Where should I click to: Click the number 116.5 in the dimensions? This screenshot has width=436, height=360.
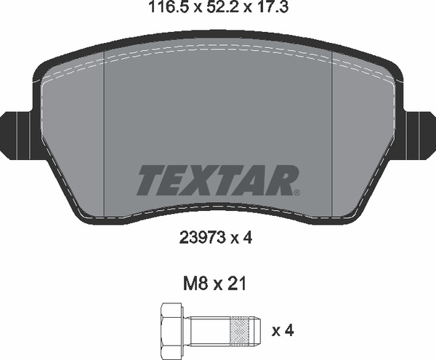[167, 7]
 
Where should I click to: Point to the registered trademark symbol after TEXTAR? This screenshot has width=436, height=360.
[296, 192]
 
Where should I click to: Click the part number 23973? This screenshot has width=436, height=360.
[203, 238]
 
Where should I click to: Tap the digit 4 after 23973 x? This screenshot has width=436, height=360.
[248, 238]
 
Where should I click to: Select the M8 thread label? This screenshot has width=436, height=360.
[195, 284]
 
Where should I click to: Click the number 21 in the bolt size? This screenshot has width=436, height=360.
[237, 284]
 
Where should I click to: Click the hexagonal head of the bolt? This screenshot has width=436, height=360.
[171, 330]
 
